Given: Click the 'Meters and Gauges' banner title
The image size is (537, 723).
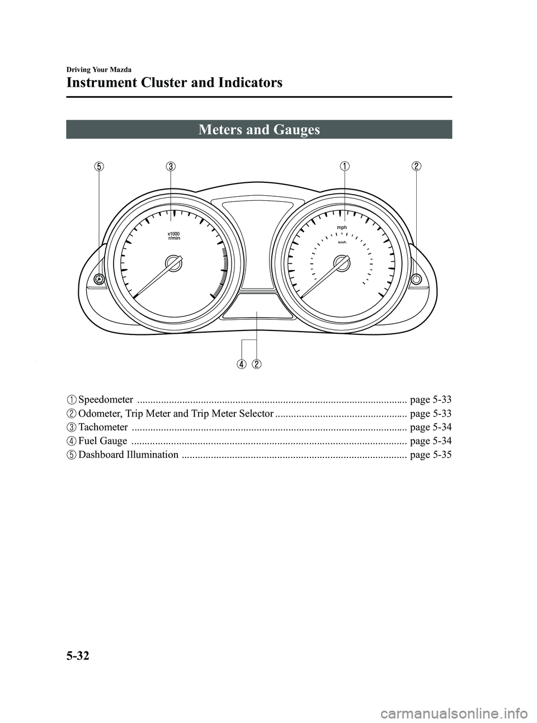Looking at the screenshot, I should (259, 130).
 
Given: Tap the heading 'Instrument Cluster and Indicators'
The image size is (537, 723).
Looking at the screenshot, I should (174, 83).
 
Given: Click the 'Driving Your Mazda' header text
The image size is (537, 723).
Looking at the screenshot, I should (99, 70).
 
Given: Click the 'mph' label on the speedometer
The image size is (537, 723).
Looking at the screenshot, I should (342, 228).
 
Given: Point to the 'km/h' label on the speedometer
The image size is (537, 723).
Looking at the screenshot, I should (342, 242).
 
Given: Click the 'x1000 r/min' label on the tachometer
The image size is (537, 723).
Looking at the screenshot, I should (174, 235).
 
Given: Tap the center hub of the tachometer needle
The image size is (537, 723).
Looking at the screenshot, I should (174, 263).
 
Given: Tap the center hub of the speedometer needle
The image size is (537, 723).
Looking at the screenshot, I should (341, 263).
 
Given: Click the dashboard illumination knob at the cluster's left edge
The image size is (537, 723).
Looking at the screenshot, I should (99, 279).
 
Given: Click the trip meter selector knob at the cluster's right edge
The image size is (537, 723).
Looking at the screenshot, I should (416, 279).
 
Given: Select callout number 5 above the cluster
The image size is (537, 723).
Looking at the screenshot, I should (98, 166).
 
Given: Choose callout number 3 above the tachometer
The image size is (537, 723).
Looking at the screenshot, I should (171, 166).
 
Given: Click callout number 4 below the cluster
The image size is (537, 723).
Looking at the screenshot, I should (241, 365).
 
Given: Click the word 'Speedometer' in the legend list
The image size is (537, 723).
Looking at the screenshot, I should (106, 400).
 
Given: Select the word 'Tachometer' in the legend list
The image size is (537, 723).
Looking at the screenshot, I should (103, 427).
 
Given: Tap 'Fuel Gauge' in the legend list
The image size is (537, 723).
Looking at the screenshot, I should (102, 441).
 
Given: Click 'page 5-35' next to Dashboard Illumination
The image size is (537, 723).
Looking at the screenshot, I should (431, 455).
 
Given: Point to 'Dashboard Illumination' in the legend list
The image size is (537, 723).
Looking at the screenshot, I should (129, 455).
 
